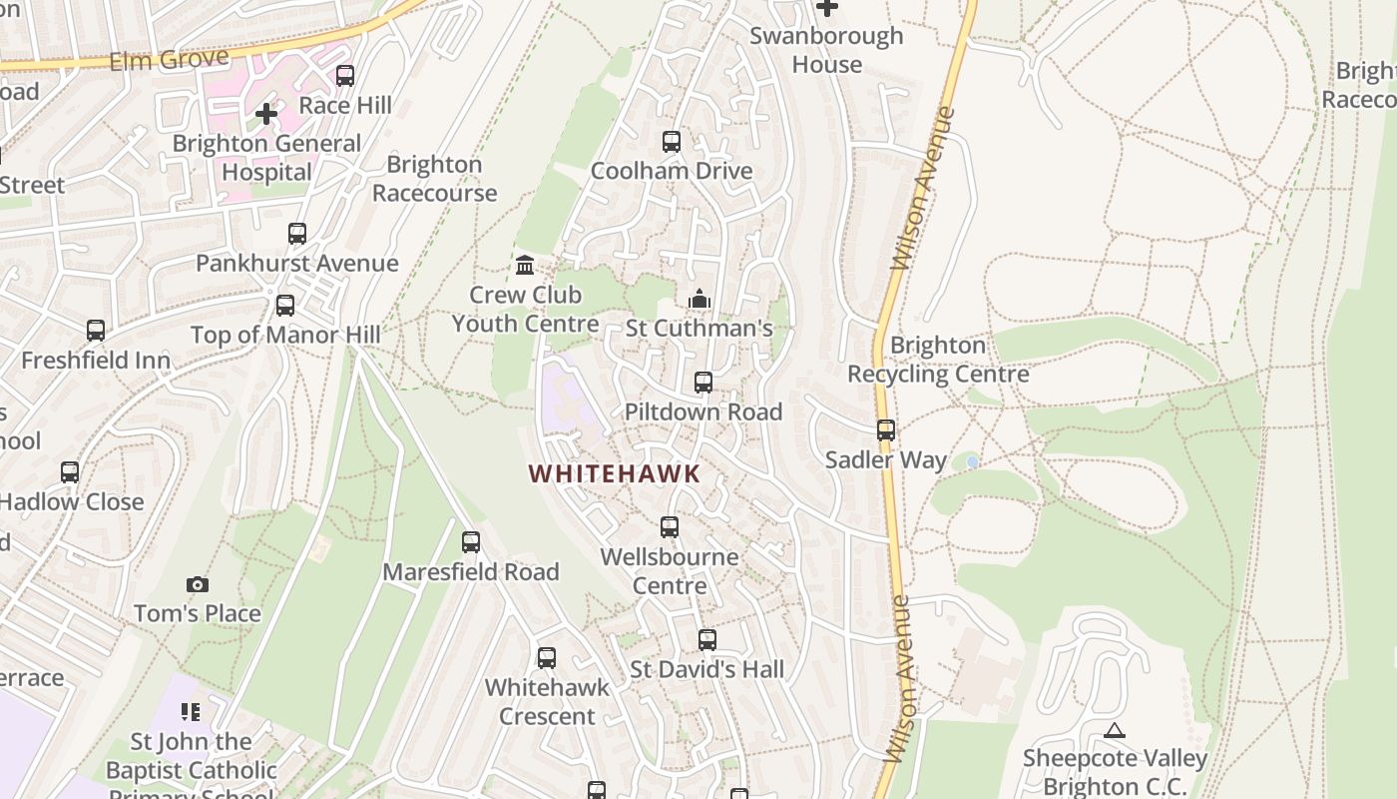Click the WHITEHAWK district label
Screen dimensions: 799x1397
(x=615, y=473)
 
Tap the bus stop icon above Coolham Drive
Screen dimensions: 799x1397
(x=672, y=142)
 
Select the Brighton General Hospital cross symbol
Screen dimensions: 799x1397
(x=266, y=114)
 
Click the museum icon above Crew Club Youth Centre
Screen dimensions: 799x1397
(x=525, y=265)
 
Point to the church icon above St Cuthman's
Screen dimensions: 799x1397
(x=698, y=299)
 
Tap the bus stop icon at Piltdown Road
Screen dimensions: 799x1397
(x=703, y=383)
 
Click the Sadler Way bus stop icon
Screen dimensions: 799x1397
(x=886, y=430)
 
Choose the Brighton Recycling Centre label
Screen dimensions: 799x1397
(x=938, y=360)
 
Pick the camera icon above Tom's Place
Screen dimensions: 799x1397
(x=198, y=584)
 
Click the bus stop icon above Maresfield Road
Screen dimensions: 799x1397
(x=471, y=542)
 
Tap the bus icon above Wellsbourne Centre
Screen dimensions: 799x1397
(x=670, y=526)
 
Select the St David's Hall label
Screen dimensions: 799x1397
(x=707, y=669)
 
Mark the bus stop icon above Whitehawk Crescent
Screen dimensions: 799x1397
(x=547, y=658)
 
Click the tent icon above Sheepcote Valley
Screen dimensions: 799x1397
(x=1115, y=730)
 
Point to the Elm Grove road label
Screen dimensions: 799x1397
(x=169, y=60)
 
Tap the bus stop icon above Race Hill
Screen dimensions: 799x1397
(x=345, y=76)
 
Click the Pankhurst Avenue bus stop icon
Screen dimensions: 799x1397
(x=297, y=234)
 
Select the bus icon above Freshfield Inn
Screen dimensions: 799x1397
(x=96, y=331)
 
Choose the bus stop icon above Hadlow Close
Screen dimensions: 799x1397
(x=70, y=472)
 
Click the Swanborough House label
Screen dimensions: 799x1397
(x=826, y=50)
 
